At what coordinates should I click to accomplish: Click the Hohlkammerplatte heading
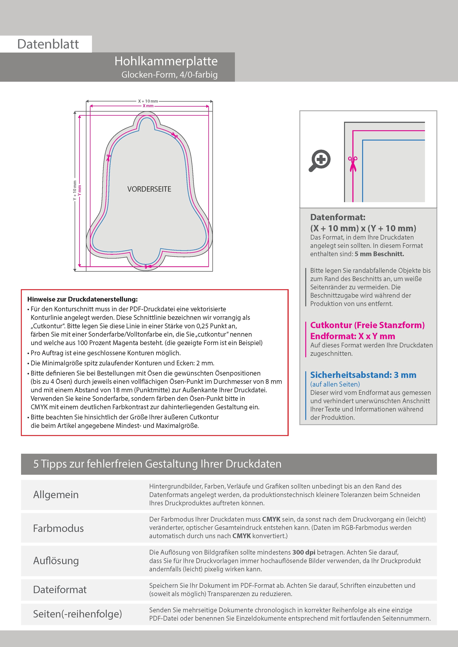pyautogui.click(x=166, y=61)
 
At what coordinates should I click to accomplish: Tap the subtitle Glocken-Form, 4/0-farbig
pyautogui.click(x=169, y=75)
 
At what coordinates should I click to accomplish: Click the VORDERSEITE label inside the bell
pyautogui.click(x=149, y=189)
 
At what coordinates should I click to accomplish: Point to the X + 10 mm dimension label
pyautogui.click(x=148, y=101)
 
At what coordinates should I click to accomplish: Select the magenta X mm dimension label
pyautogui.click(x=148, y=106)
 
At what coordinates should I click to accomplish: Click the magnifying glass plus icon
pyautogui.click(x=320, y=160)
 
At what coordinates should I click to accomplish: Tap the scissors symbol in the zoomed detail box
pyautogui.click(x=353, y=164)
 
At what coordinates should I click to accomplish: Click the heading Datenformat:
pyautogui.click(x=338, y=217)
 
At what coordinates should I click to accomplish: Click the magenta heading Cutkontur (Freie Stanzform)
pyautogui.click(x=367, y=325)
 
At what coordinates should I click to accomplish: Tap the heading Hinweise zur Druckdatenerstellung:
pyautogui.click(x=82, y=299)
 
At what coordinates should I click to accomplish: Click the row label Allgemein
pyautogui.click(x=56, y=494)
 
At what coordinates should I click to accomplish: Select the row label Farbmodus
pyautogui.click(x=58, y=528)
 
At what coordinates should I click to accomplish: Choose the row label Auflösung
pyautogui.click(x=56, y=560)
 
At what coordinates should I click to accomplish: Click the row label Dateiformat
pyautogui.click(x=60, y=589)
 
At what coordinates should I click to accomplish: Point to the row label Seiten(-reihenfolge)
pyautogui.click(x=77, y=614)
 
